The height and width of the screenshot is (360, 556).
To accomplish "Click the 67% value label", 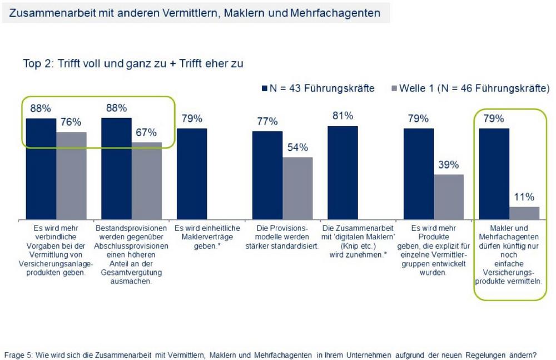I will click(146, 133).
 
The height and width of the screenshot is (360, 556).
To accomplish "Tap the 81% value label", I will click(342, 116).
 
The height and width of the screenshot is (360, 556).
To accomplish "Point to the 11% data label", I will click(524, 197).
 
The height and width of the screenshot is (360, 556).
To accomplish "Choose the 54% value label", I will click(297, 147).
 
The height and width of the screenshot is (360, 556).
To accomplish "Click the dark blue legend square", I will click(265, 88).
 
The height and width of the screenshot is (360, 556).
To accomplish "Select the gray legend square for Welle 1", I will click(395, 88).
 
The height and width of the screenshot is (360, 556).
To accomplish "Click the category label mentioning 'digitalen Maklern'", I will click(357, 241).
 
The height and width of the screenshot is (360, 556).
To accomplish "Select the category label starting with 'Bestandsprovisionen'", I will click(131, 254).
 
